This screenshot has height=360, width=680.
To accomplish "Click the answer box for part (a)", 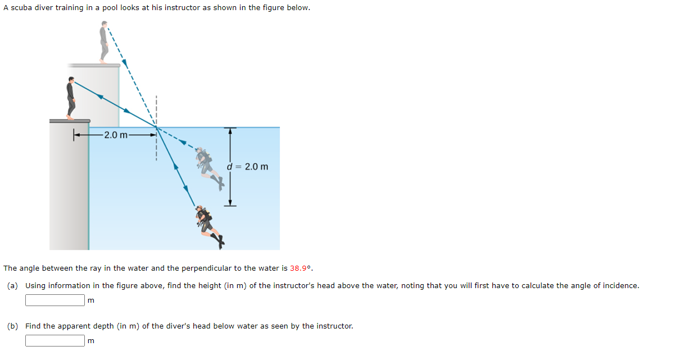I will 55,300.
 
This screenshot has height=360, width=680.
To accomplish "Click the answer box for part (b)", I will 55,340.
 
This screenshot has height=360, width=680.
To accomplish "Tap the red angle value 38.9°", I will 301,268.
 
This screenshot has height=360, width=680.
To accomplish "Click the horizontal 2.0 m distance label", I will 116,135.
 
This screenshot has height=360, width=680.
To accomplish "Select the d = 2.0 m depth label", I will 248,167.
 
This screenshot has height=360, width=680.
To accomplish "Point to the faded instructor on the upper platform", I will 103,42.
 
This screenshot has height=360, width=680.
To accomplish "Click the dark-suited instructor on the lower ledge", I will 71,99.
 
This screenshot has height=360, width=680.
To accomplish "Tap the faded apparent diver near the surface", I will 209,165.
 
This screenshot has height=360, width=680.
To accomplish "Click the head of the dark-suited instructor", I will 71,81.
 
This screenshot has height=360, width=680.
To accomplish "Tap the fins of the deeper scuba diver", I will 219,240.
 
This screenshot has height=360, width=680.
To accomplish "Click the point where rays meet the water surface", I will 156,128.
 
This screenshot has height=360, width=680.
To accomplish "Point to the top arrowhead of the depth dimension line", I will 229,131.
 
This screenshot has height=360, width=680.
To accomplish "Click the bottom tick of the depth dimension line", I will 230,206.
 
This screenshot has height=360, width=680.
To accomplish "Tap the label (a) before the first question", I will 13,285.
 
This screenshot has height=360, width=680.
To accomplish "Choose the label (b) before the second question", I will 13,326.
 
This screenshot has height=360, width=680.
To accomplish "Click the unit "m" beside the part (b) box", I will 91,341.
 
